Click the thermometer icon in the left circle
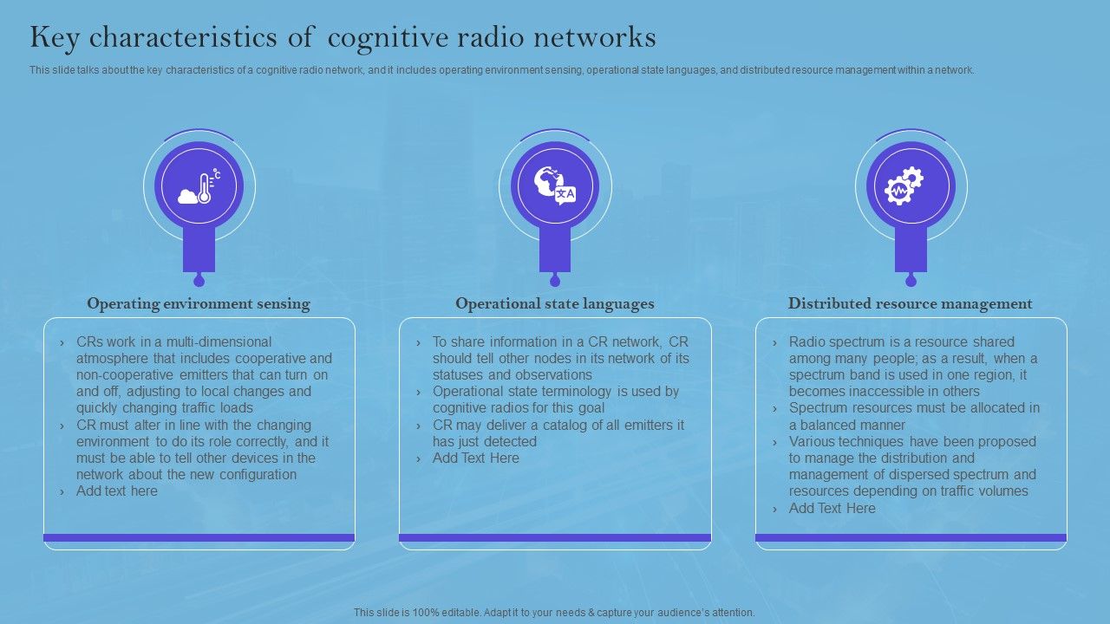pyautogui.click(x=199, y=186)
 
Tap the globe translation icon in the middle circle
pyautogui.click(x=555, y=186)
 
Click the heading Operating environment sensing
pyautogui.click(x=199, y=303)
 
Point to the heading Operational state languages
pyautogui.click(x=555, y=303)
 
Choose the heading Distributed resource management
pyautogui.click(x=911, y=303)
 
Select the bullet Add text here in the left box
pyautogui.click(x=117, y=491)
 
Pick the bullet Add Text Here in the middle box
pyautogui.click(x=476, y=458)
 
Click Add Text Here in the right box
pyautogui.click(x=832, y=509)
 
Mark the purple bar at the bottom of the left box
pyautogui.click(x=199, y=537)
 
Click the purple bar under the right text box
pyautogui.click(x=911, y=537)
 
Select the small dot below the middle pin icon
pyautogui.click(x=555, y=281)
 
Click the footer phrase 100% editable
pyautogui.click(x=434, y=613)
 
